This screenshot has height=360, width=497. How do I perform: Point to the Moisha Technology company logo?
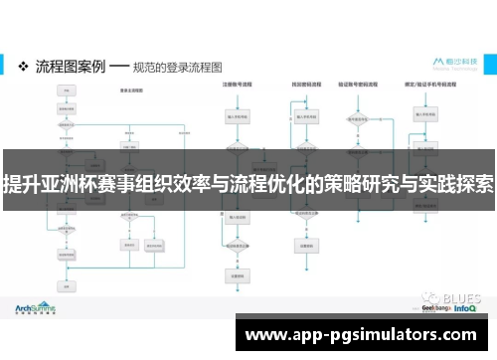point(454,64)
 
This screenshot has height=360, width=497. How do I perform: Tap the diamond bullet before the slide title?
point(24,66)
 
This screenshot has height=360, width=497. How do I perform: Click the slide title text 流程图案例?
point(70,66)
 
